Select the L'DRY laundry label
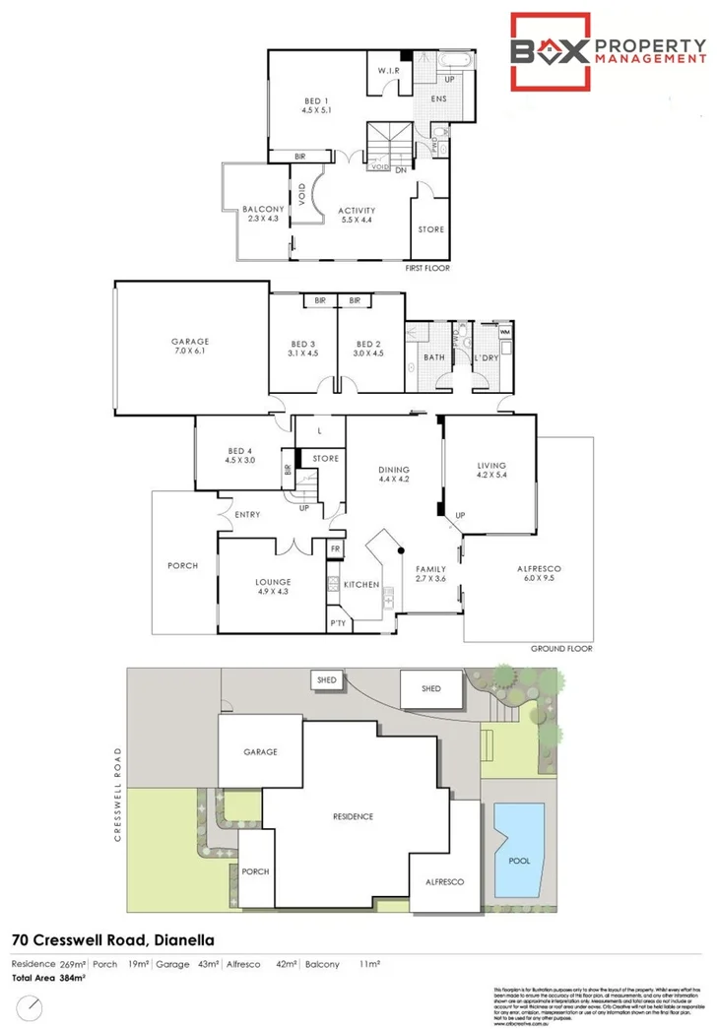[x=489, y=358]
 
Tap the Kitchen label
[x=361, y=585]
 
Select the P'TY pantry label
[x=338, y=624]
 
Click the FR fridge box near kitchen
[x=336, y=547]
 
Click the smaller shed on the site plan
[x=324, y=679]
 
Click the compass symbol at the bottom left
[x=34, y=1006]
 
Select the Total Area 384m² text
[x=49, y=978]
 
